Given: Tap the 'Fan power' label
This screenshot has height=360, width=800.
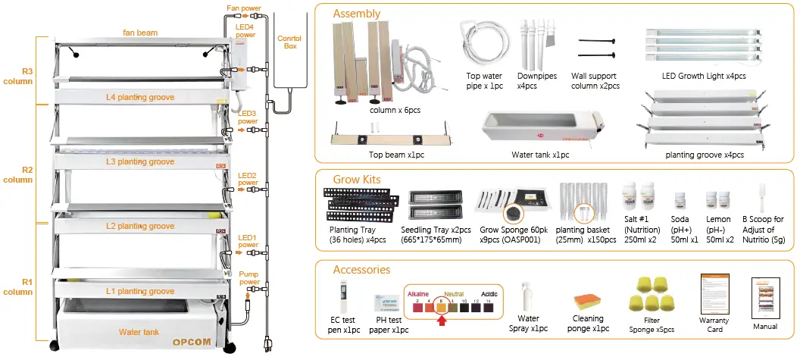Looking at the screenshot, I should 242,9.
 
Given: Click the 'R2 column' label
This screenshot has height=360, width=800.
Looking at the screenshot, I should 17,175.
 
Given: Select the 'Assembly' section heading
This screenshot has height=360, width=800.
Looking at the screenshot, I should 357,14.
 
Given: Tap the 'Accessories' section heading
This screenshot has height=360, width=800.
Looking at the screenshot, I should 361,269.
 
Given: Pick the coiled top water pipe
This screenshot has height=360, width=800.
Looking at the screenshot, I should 483,45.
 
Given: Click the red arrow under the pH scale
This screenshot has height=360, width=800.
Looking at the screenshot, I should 442,320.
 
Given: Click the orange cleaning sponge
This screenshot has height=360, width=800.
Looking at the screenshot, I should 589,303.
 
